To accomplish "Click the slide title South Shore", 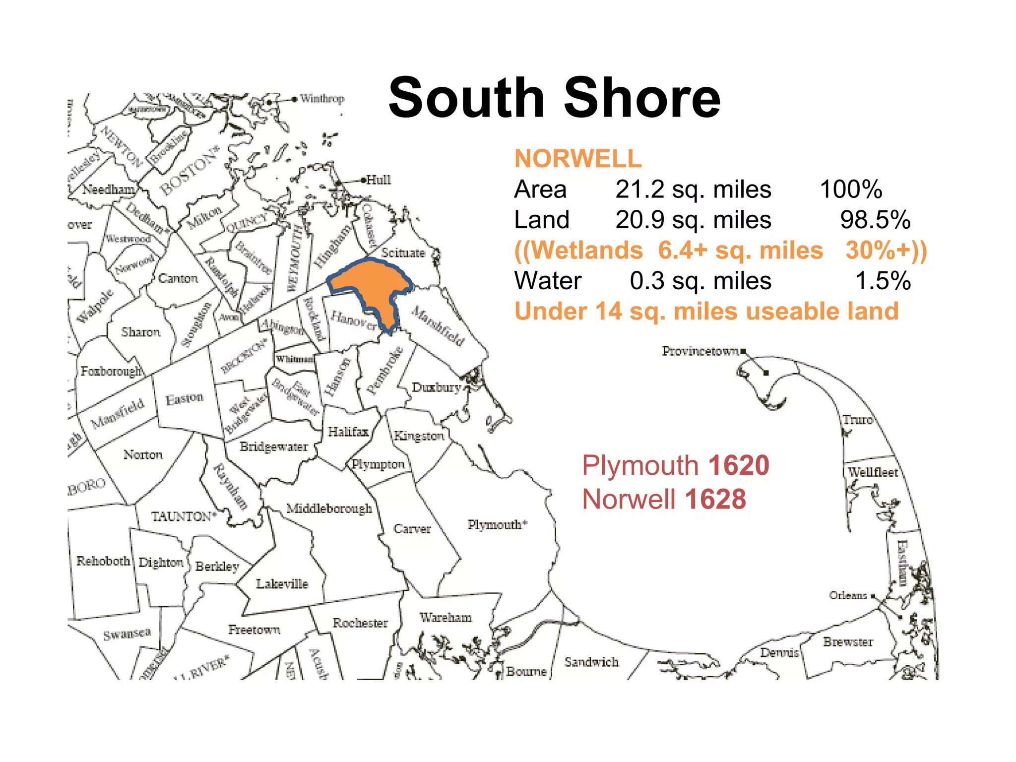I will [554, 98].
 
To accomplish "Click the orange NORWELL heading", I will [578, 159].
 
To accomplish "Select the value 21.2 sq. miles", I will [693, 190].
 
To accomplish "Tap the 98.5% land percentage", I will [875, 220].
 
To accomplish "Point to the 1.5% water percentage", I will [883, 281].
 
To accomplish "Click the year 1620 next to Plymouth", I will [739, 465].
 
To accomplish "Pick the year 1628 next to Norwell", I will [715, 499].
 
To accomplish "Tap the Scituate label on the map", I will [403, 253].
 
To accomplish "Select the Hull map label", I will [379, 180].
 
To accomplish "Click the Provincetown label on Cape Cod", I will [700, 351].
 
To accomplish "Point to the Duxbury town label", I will [436, 387].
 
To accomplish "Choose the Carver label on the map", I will [412, 529].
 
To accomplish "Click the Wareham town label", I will [445, 618].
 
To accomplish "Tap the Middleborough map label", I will [329, 508].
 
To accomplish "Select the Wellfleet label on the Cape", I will [873, 472].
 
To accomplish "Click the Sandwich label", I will [591, 662].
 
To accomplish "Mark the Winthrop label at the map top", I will [322, 98].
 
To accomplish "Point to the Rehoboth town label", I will [103, 561].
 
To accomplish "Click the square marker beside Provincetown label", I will [743, 352].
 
